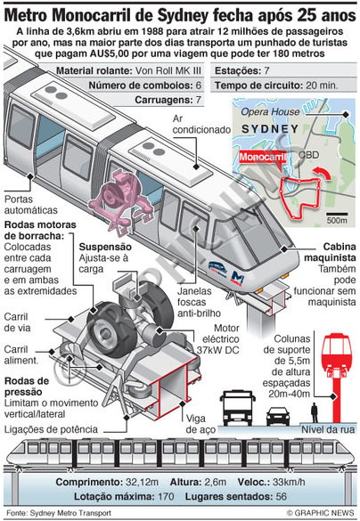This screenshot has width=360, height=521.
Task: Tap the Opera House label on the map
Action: pos(270,111)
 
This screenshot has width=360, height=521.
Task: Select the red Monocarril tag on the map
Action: pos(262,157)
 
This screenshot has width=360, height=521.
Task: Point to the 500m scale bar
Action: pos(337,215)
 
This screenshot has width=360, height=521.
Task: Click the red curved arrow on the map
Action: pos(322,172)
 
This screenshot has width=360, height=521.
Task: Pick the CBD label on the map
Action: pos(308,155)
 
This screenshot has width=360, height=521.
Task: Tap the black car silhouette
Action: pos(278,416)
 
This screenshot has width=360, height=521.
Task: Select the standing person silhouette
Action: pos(315,412)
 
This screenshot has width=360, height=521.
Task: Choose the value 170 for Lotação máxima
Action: pos(166,497)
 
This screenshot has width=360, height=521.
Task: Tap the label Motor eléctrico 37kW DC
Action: pos(217,339)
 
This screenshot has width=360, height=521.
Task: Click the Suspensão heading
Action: pos(105,247)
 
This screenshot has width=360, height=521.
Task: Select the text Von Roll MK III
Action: pos(168,70)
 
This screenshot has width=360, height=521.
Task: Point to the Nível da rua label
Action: pos(328,429)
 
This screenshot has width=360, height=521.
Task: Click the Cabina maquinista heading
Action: pos(330,252)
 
